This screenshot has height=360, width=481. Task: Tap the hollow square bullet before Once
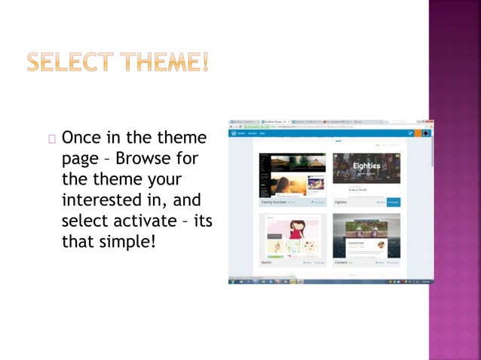tap(51, 139)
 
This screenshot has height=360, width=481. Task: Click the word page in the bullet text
tap(78, 160)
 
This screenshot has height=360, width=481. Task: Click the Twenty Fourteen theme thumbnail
tap(293, 175)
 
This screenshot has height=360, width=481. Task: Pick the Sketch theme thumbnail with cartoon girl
tap(293, 235)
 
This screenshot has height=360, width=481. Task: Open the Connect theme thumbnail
tap(366, 235)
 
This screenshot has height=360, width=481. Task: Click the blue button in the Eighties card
tap(393, 202)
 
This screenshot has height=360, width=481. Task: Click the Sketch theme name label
tap(265, 262)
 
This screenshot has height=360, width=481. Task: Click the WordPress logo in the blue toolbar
tap(234, 133)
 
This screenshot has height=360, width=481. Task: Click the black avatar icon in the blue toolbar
tap(425, 133)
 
